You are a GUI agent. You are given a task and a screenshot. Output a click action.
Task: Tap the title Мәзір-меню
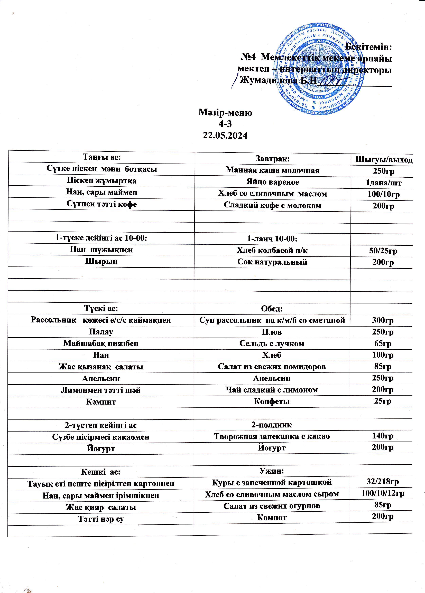(x=225, y=113)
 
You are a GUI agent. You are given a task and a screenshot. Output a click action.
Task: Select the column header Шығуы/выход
(x=384, y=159)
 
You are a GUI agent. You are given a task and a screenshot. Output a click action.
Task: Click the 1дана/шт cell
(x=383, y=183)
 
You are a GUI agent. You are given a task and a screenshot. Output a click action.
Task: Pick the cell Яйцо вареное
(x=272, y=182)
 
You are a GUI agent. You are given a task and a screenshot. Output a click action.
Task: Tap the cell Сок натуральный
(x=272, y=262)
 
